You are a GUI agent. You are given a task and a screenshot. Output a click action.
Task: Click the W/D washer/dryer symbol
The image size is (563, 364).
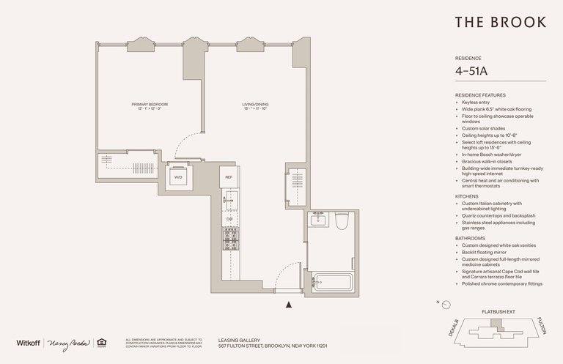(x=178, y=177)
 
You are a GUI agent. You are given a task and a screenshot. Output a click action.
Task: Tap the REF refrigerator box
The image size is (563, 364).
(x=229, y=178)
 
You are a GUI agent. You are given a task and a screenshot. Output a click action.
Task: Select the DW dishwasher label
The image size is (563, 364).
(x=229, y=219)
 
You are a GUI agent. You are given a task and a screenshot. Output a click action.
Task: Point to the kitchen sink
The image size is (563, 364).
(x=228, y=198)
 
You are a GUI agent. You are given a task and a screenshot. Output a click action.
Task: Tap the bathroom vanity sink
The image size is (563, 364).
(x=319, y=219)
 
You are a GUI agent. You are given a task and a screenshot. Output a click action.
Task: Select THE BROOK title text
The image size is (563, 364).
(x=499, y=22)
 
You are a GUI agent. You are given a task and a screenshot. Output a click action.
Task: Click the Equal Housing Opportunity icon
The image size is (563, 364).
(x=103, y=342)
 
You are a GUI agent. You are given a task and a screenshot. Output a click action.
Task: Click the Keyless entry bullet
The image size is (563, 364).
(x=477, y=103)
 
